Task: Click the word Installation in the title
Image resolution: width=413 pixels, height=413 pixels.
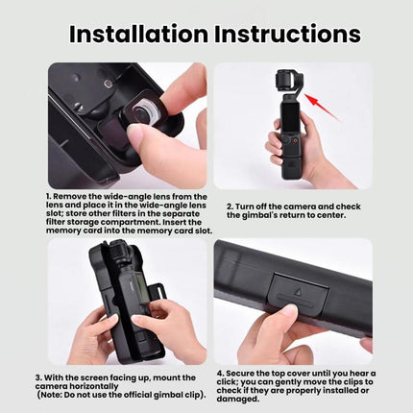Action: [138, 34]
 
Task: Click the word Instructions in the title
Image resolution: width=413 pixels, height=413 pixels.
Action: [288, 34]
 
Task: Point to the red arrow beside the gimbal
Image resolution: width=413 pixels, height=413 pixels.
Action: [321, 107]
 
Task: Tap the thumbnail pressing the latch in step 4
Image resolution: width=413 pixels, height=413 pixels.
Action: [289, 310]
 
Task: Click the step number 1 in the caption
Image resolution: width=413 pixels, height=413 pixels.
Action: [48, 196]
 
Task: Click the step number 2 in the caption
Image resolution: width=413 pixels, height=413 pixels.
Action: [230, 206]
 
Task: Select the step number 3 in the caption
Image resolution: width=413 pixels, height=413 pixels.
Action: [38, 377]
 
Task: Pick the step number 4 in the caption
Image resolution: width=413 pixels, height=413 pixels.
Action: [220, 374]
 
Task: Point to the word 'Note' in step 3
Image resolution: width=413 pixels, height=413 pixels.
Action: [50, 395]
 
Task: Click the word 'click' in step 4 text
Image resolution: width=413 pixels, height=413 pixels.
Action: [227, 382]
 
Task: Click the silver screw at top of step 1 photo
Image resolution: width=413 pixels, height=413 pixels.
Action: [109, 84]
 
